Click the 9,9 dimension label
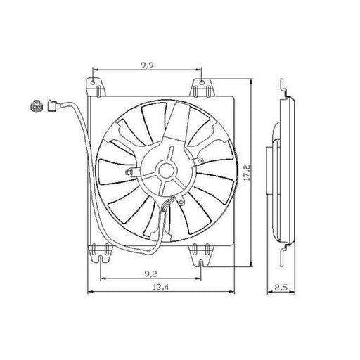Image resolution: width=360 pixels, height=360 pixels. click(x=147, y=65)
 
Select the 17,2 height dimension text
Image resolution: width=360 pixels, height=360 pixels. click(x=247, y=172)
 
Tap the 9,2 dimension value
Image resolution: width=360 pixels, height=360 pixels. click(x=150, y=274)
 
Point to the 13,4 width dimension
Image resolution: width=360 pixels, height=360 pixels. click(x=161, y=287)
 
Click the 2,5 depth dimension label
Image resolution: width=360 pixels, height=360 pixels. click(x=281, y=288)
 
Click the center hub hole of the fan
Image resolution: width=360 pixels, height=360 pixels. click(x=167, y=171)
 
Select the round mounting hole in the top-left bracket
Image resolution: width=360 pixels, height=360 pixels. click(x=93, y=82)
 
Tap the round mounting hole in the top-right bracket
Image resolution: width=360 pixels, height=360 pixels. click(x=202, y=82)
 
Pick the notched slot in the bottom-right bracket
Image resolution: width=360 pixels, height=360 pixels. click(x=201, y=263)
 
